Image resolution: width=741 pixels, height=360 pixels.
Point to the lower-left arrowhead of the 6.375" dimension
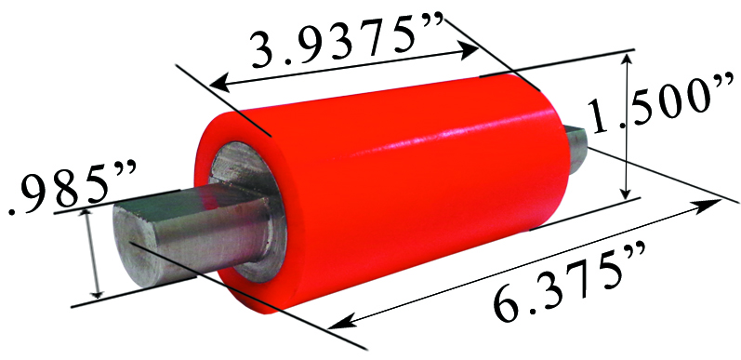tap(337, 325)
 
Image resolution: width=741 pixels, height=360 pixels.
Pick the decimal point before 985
tap(12, 210)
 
